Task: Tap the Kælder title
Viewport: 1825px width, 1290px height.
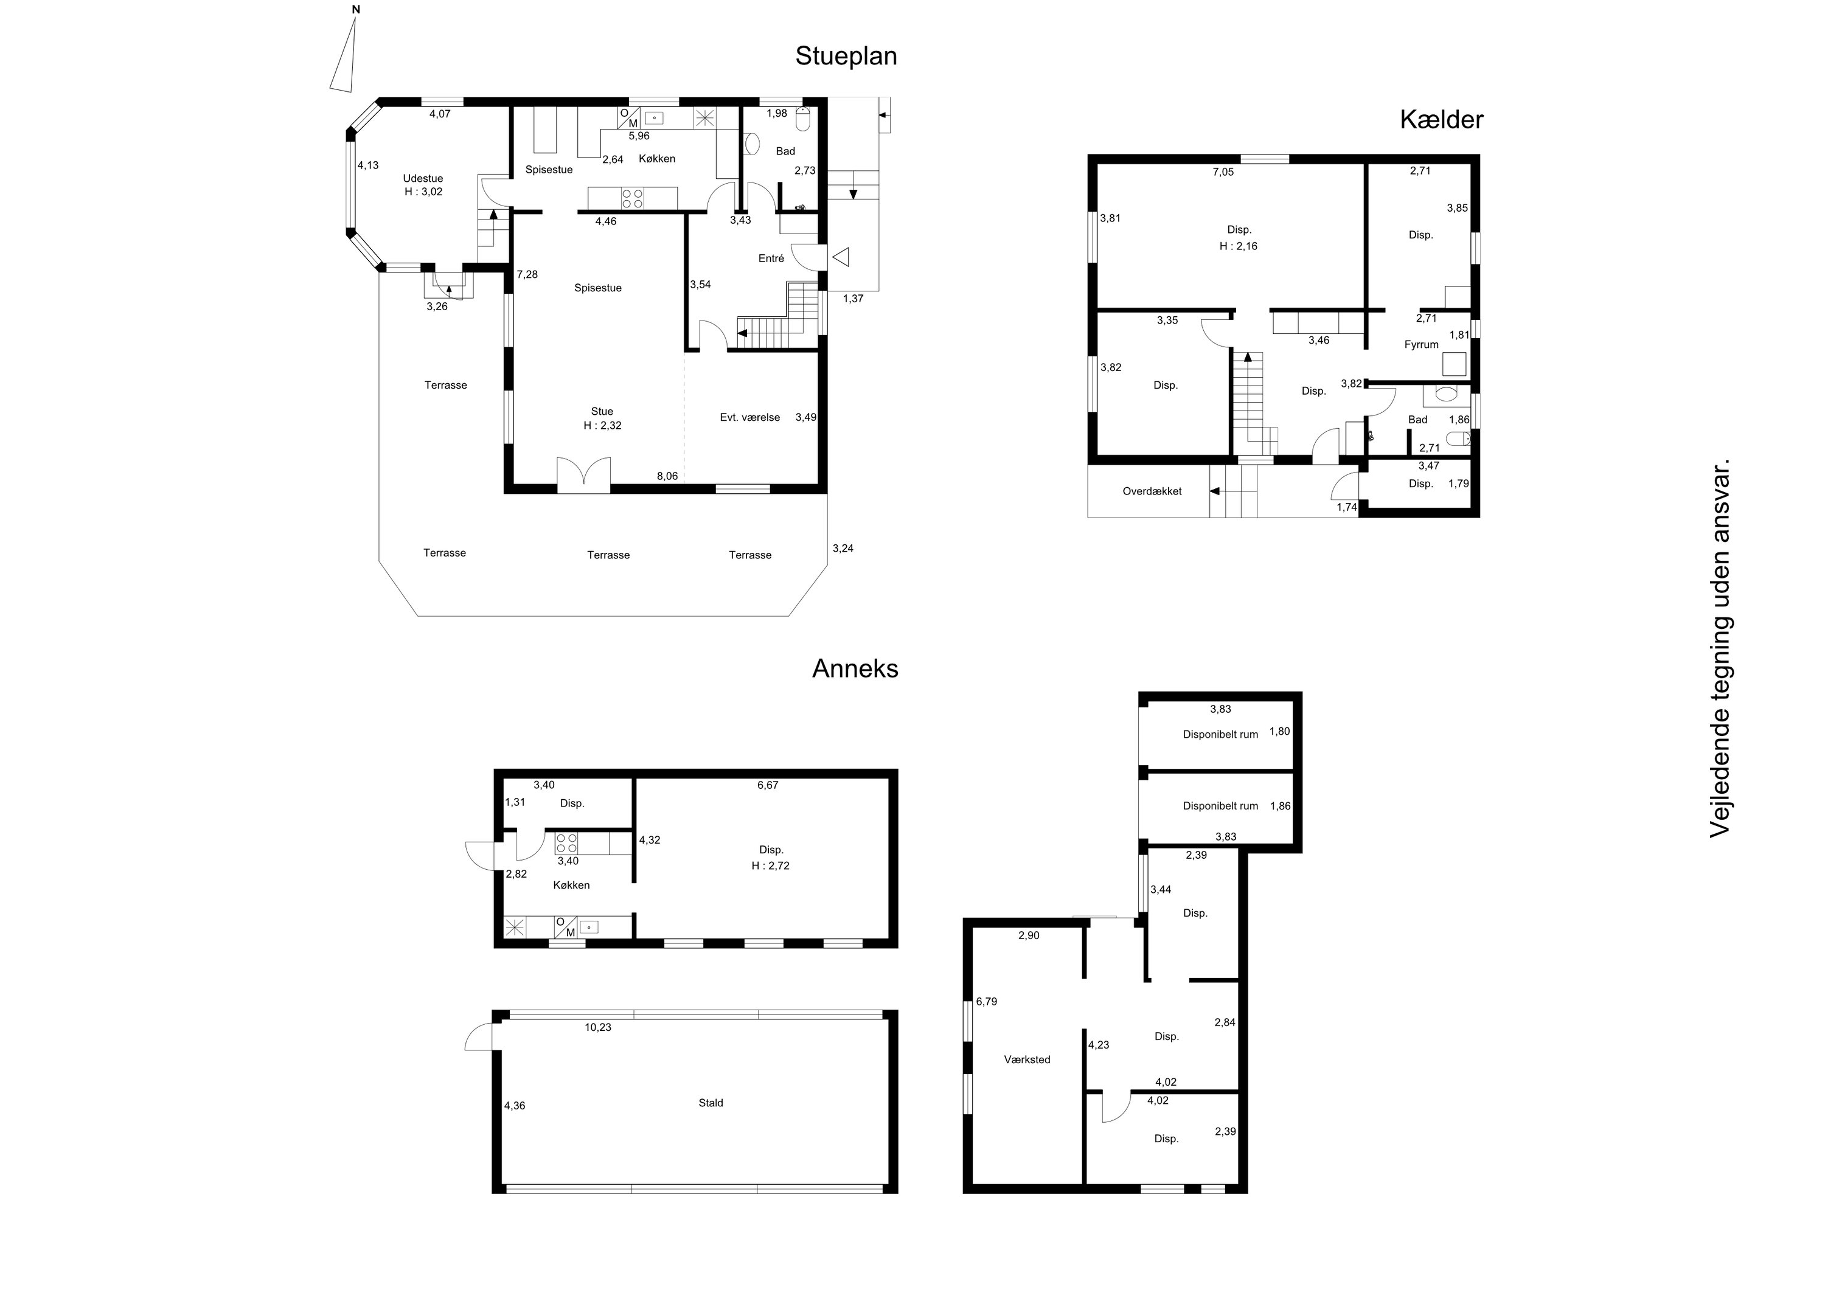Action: coord(1441,120)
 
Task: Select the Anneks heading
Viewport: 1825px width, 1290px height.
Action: coord(855,668)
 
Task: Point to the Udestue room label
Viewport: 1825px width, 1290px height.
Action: coord(423,179)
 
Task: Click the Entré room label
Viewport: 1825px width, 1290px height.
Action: coord(771,258)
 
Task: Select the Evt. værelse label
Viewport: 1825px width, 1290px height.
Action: coord(749,417)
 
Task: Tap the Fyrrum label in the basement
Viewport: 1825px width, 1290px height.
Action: coord(1421,345)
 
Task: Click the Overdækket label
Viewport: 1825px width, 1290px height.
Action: coord(1152,491)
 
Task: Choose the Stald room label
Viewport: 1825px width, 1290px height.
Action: coord(711,1103)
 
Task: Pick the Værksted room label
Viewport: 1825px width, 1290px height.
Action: coord(1027,1059)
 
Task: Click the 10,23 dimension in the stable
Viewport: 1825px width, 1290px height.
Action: coord(598,1027)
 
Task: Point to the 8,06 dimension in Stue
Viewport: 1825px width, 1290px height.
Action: coord(667,476)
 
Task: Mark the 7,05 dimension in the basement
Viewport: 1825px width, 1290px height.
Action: coord(1223,172)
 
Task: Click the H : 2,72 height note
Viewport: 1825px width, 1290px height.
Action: coord(770,865)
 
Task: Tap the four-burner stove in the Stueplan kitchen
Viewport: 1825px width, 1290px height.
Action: coord(633,198)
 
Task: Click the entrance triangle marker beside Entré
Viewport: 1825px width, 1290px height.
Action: coord(840,257)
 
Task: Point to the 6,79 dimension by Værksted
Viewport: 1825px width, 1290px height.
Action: coord(987,1002)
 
